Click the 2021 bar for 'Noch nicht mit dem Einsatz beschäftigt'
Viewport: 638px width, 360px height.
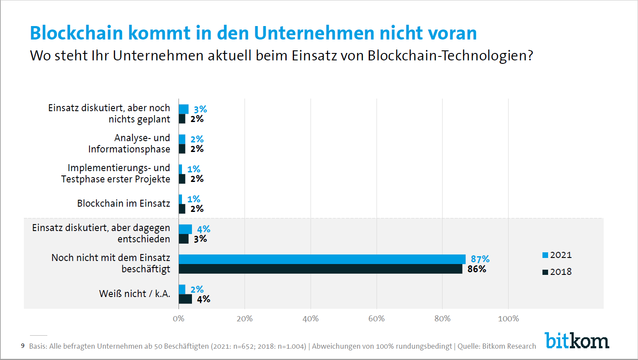(322, 259)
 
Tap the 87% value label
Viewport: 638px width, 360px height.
(480, 259)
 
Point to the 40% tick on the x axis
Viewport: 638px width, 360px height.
(311, 319)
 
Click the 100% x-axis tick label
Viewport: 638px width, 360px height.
(508, 319)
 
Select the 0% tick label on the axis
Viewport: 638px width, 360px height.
(179, 319)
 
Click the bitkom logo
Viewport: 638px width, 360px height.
(577, 341)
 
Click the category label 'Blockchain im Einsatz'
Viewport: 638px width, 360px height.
(123, 204)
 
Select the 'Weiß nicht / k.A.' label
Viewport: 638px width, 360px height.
(135, 294)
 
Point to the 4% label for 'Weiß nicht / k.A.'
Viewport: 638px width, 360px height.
(203, 299)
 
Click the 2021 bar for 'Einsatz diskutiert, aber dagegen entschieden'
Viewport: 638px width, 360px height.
(185, 229)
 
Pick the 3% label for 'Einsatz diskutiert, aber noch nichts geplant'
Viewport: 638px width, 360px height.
(200, 109)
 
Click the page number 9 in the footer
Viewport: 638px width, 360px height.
(23, 346)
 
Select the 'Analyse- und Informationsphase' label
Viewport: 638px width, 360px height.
(129, 144)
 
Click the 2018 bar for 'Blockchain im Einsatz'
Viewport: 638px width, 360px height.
(182, 209)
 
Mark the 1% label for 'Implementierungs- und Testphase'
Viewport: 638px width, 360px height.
(194, 169)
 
